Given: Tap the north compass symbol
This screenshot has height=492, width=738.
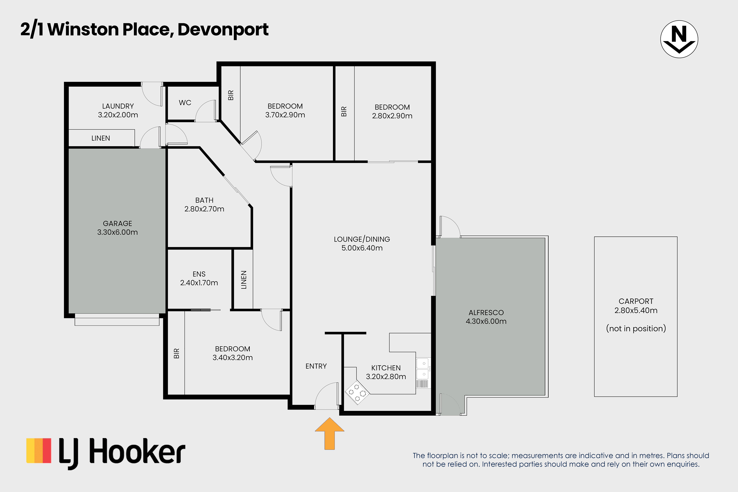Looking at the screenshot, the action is click(x=679, y=39).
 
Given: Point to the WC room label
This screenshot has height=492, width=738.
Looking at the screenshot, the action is click(x=185, y=103).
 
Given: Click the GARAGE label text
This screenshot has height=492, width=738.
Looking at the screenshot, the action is click(x=117, y=223).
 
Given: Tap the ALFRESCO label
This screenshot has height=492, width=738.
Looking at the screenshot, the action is click(x=486, y=312).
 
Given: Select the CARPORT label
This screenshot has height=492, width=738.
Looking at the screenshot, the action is click(x=636, y=301).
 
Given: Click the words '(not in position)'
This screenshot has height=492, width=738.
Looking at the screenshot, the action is click(x=636, y=329).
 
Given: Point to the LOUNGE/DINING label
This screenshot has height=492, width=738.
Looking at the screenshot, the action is click(x=362, y=239).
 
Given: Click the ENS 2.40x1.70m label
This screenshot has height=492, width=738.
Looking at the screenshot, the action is click(x=199, y=278).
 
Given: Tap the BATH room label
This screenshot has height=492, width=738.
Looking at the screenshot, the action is click(x=204, y=200).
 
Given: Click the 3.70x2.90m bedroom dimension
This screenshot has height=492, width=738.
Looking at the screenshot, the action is click(x=285, y=115).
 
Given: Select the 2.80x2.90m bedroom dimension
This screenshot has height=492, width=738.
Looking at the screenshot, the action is click(x=392, y=116).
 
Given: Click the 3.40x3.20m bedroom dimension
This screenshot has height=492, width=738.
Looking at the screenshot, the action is click(x=233, y=357).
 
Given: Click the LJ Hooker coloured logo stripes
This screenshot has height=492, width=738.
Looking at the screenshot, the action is click(x=39, y=451).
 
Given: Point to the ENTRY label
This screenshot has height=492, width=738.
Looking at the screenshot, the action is click(x=316, y=366).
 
